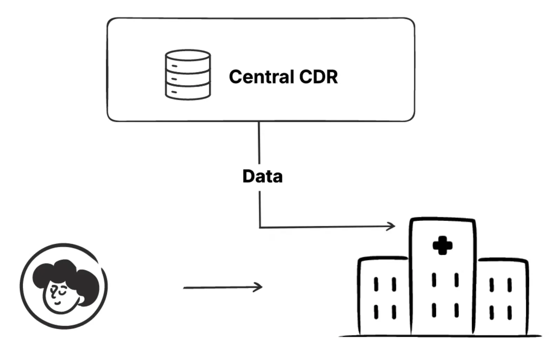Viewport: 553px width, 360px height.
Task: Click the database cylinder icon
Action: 188,74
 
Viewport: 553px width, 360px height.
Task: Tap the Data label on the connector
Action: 262,176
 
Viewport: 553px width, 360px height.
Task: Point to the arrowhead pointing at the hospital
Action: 392,226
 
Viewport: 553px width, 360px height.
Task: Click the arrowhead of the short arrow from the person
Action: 260,287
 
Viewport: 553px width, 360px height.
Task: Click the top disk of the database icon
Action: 188,56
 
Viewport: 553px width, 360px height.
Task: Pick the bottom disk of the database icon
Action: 188,92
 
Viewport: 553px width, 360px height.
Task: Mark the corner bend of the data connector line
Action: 260,228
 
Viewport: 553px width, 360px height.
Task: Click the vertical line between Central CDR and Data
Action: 259,144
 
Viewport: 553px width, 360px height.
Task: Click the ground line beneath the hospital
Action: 440,336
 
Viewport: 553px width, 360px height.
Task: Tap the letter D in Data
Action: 249,176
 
